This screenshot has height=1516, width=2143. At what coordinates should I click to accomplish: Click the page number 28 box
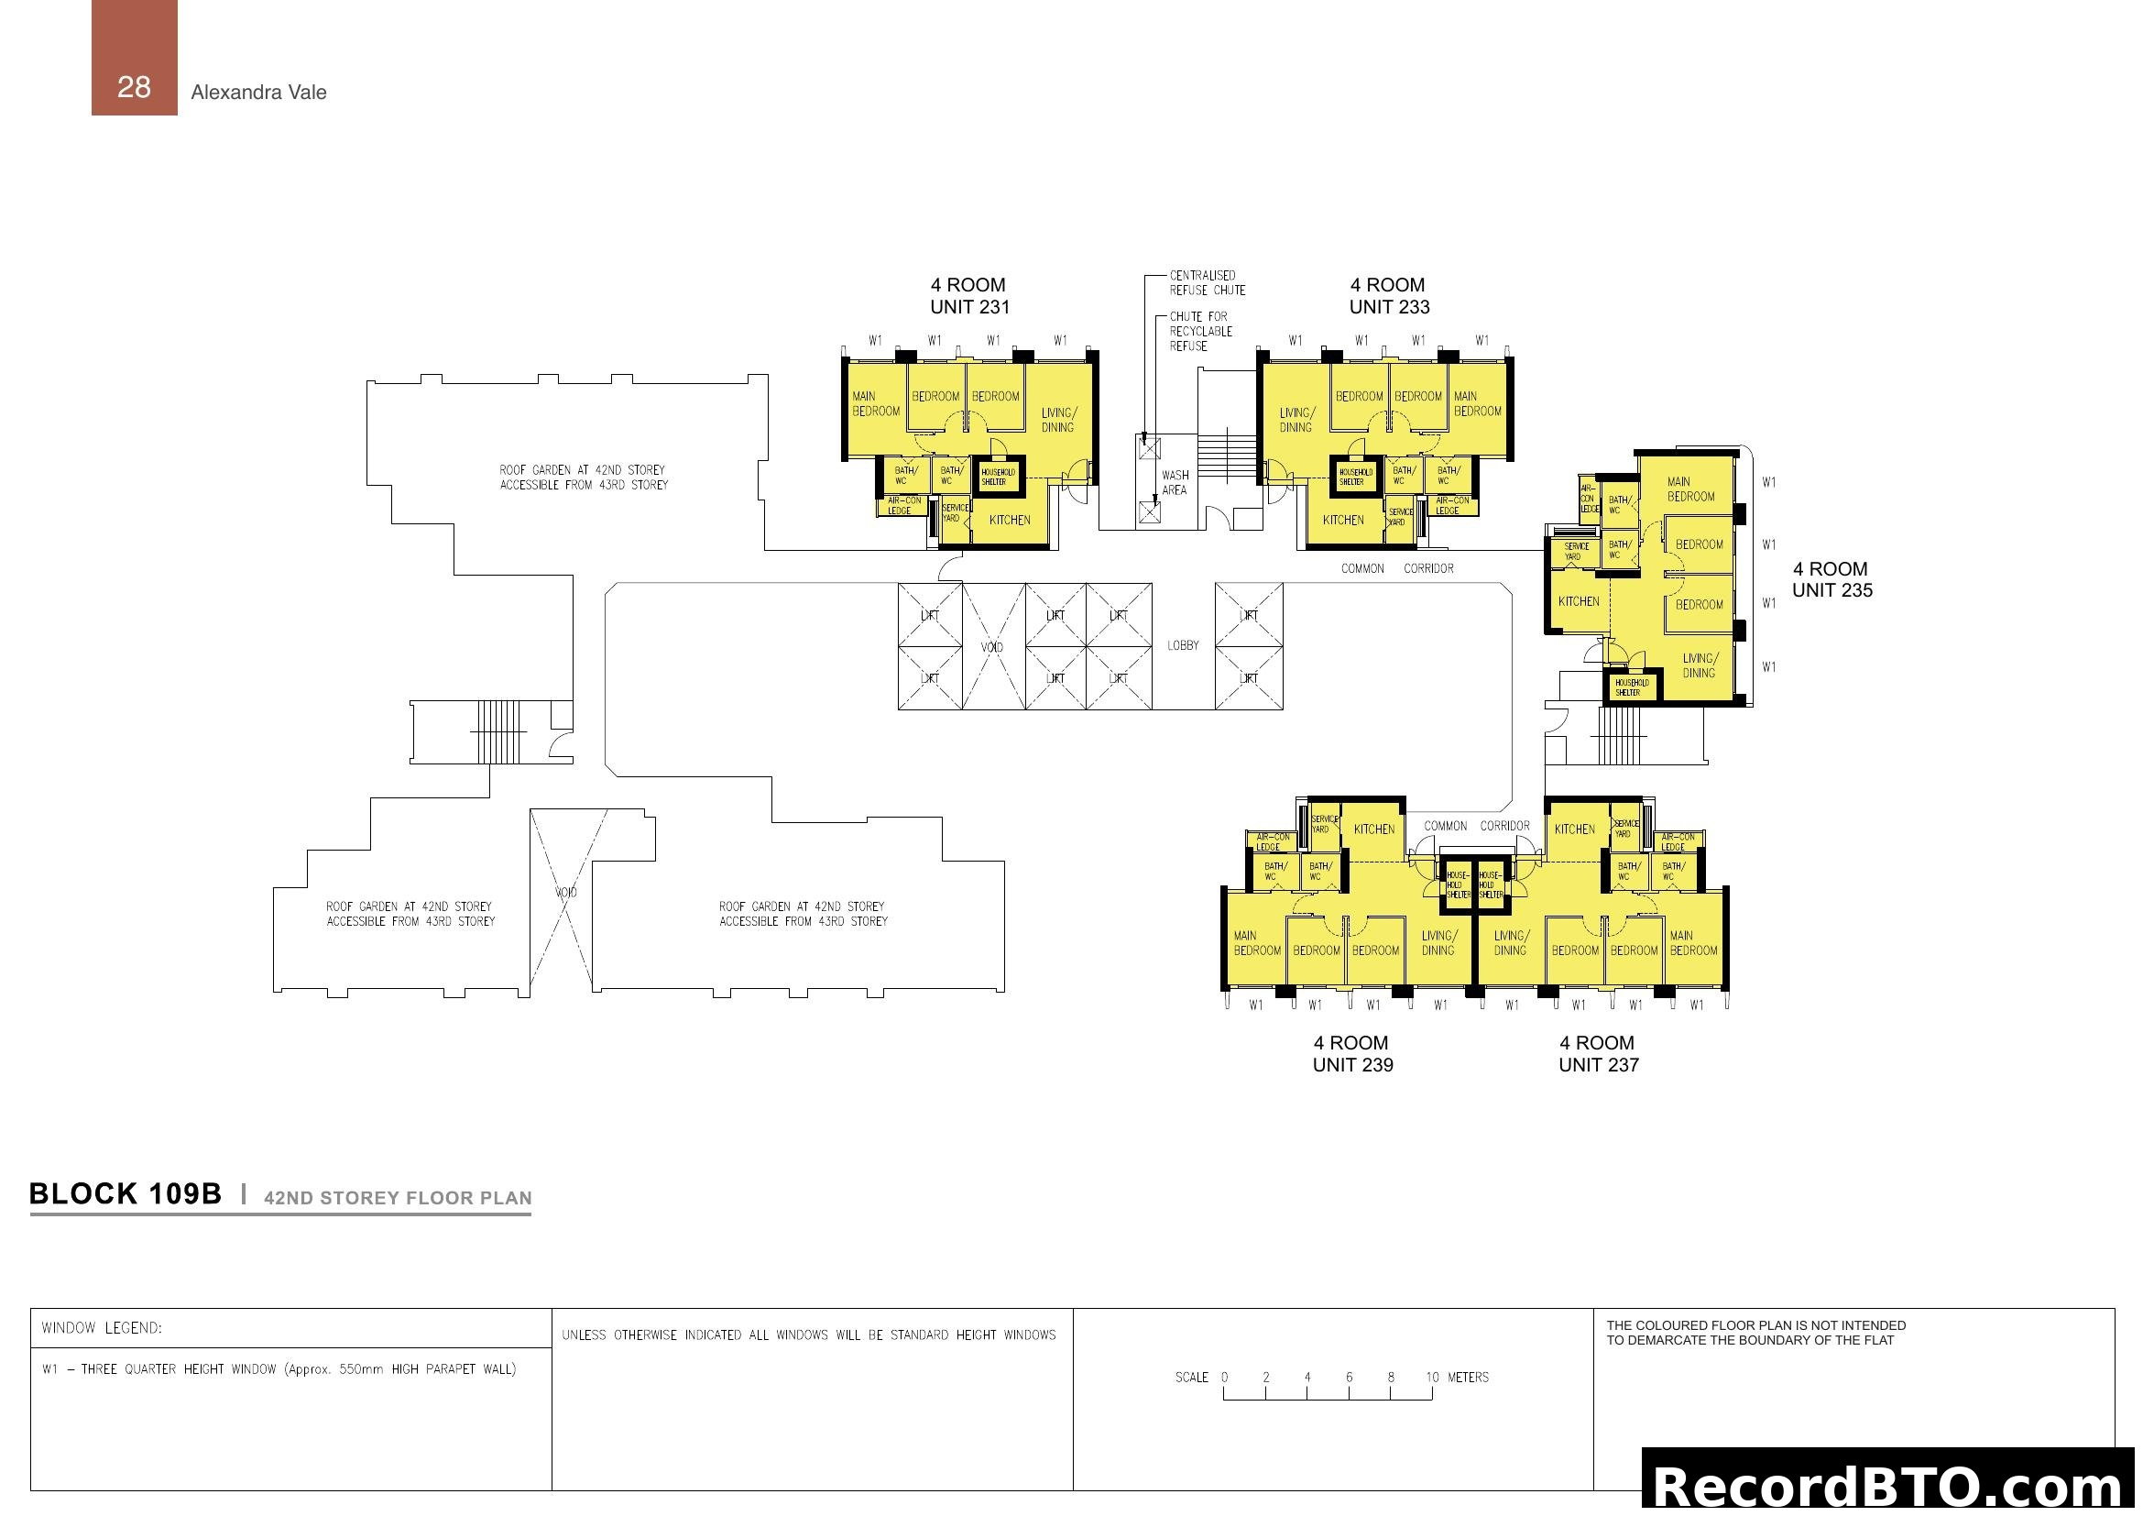134,58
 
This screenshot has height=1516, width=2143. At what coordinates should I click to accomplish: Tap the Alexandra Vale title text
258,93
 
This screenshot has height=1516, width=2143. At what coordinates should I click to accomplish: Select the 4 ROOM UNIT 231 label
968,296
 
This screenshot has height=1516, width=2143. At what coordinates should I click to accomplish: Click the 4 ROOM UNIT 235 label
1831,579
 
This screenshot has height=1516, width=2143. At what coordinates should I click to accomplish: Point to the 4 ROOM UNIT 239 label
1352,1054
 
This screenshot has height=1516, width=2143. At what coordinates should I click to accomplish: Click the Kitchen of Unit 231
1009,520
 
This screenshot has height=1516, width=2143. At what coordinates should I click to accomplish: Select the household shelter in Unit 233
1355,477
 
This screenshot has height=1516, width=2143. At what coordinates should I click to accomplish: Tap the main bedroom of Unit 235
1690,489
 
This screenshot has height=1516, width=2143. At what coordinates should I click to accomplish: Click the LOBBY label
1183,646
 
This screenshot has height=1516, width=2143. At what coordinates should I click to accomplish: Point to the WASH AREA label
1175,483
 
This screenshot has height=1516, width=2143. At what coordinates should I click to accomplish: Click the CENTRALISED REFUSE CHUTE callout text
1207,283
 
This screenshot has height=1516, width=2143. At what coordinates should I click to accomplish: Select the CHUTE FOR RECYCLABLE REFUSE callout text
1200,332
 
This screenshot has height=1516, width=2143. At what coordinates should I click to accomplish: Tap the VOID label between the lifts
991,647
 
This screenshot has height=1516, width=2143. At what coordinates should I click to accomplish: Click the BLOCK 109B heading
126,1194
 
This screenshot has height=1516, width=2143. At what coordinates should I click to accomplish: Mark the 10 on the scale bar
1432,1377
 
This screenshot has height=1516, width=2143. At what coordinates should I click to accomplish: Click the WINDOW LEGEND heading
102,1327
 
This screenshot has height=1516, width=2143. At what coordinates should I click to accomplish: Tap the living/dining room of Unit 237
1509,943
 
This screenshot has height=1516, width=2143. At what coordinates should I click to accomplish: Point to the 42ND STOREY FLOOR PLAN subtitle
398,1198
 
